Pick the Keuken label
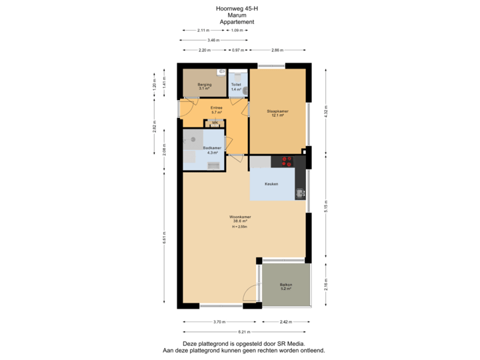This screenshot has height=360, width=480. (271, 184)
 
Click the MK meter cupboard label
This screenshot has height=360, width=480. (214, 124)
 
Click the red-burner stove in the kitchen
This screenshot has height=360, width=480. (287, 161)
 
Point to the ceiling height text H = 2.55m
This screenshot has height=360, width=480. (240, 227)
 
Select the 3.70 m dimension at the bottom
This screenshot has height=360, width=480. (217, 322)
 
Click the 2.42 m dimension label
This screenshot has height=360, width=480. (285, 322)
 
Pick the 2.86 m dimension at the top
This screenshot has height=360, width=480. (278, 50)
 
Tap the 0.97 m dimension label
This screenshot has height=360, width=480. (237, 50)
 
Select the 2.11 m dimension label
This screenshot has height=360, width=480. (203, 31)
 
